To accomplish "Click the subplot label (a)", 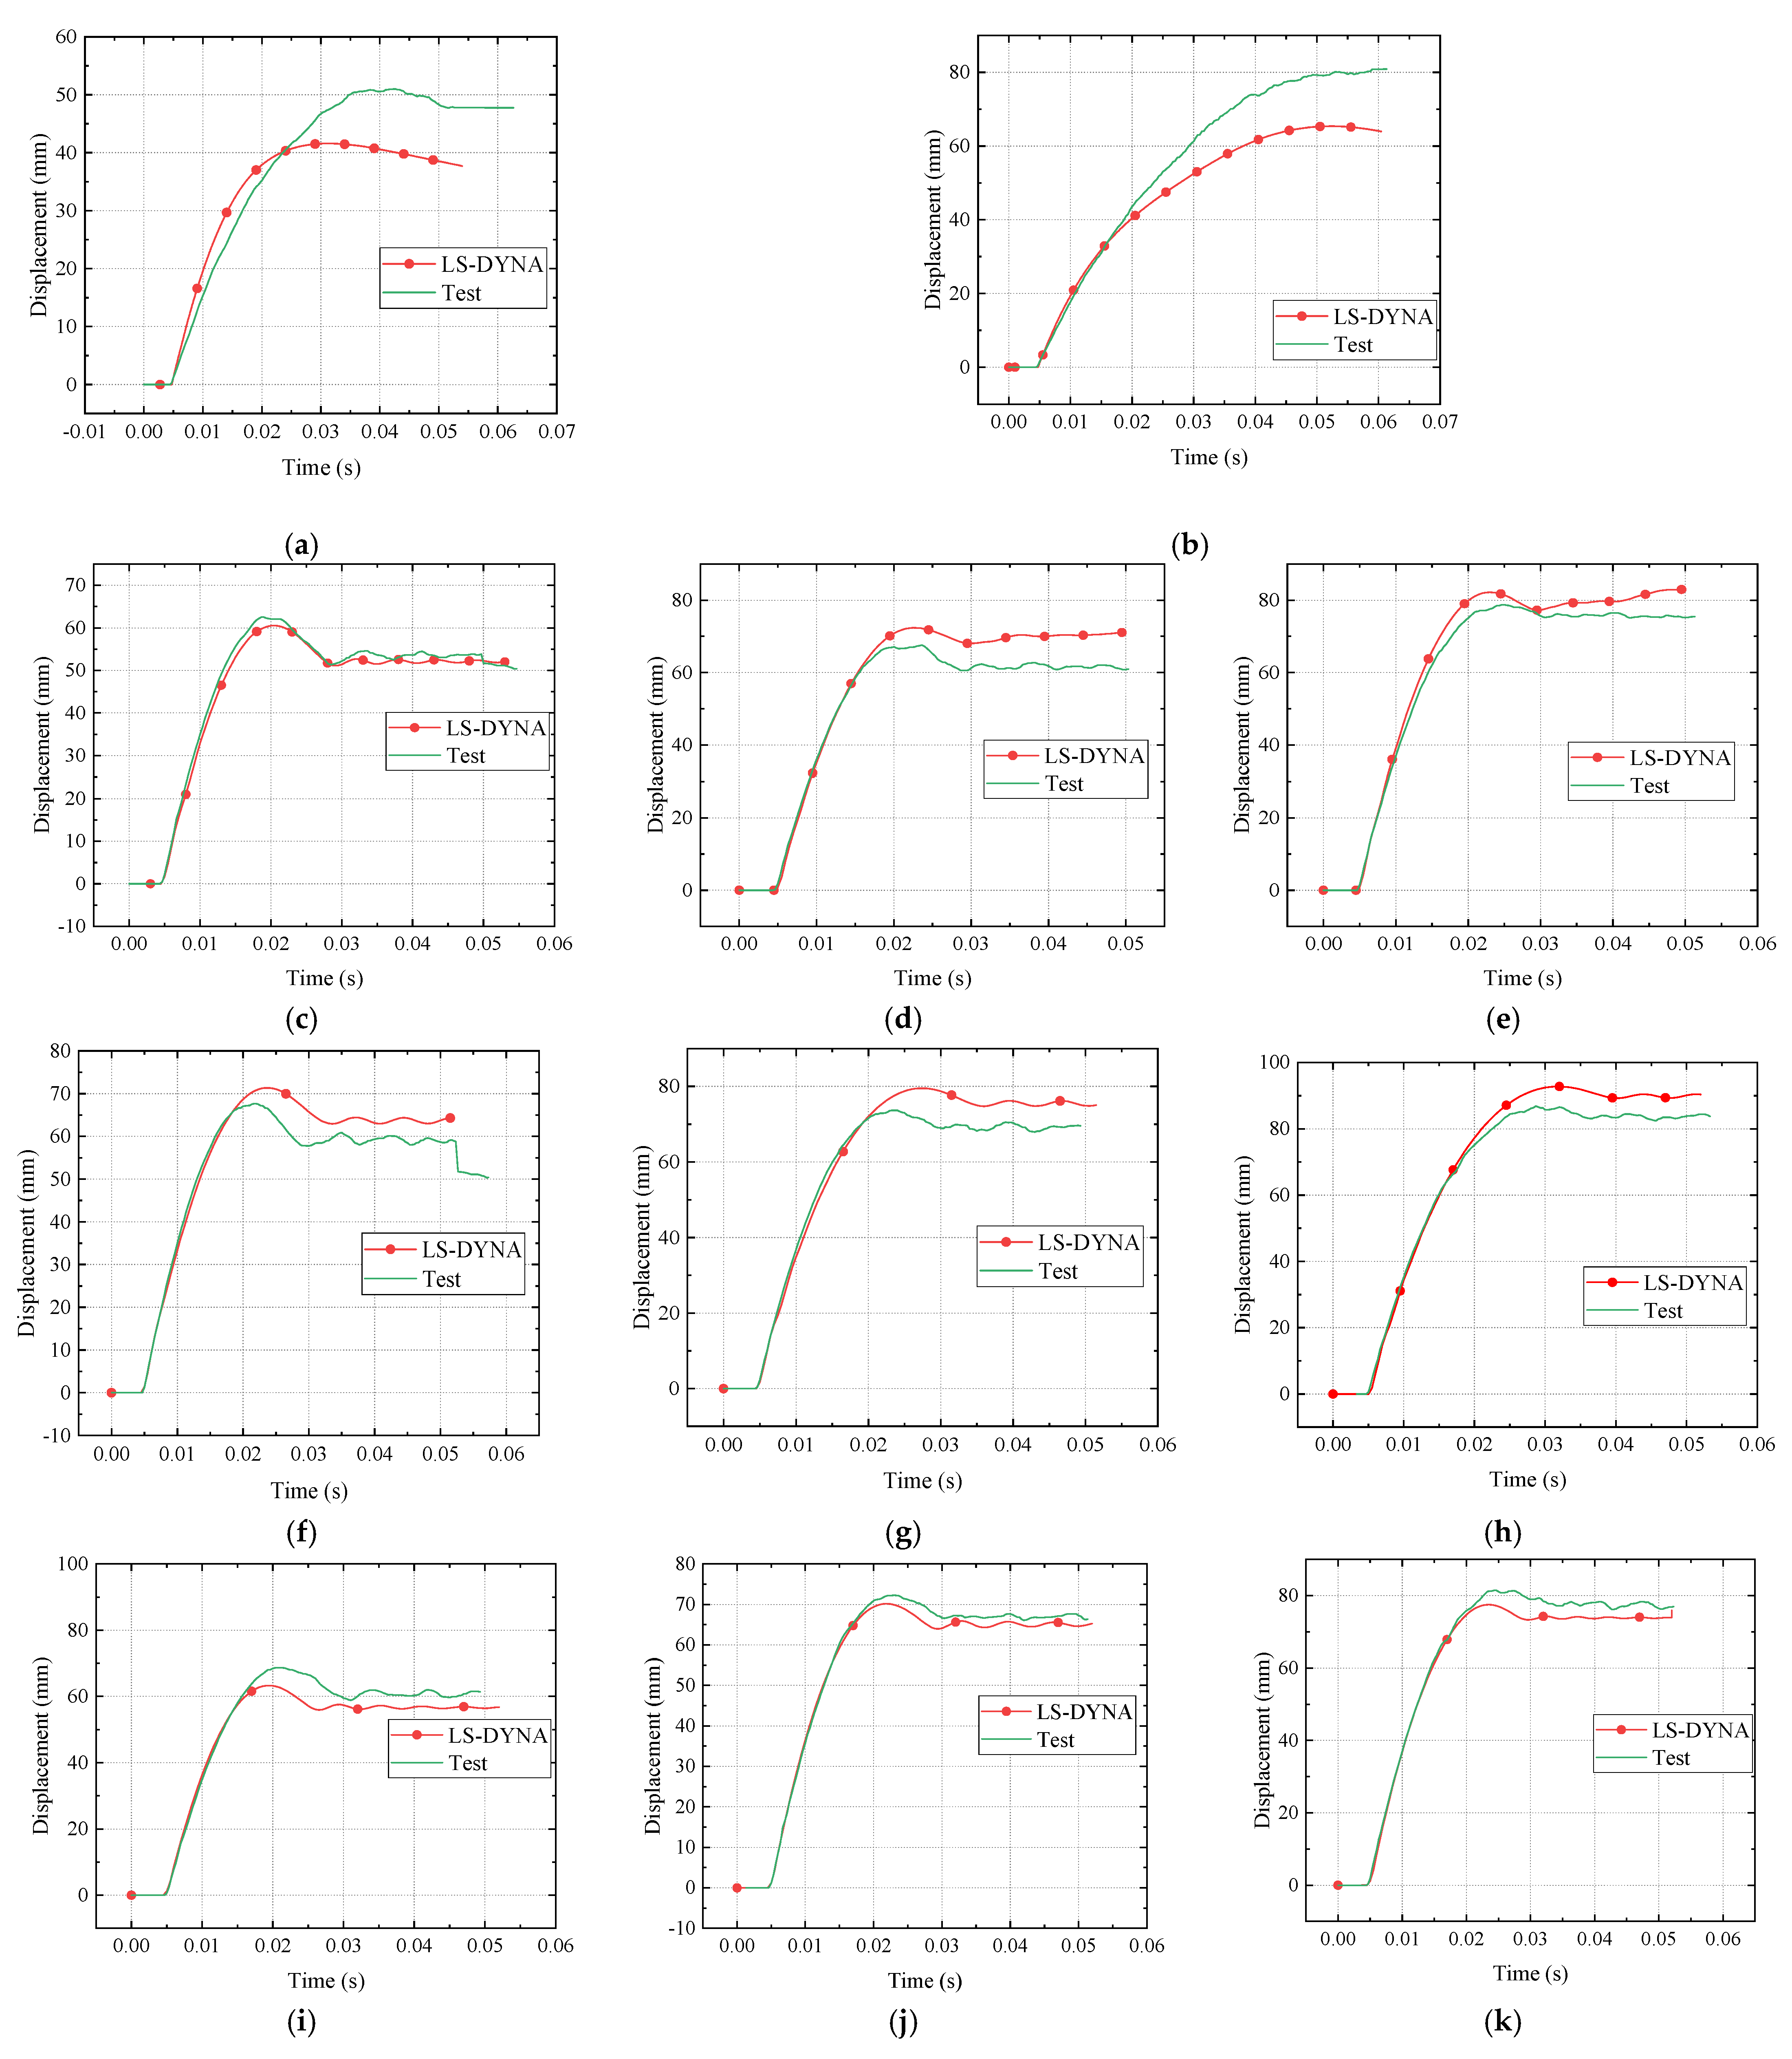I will (x=301, y=545).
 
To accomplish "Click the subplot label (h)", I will (x=1503, y=1532).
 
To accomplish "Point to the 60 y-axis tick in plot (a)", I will (x=66, y=37).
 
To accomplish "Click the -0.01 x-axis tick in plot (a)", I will (x=84, y=432).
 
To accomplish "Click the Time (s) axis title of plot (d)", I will (x=932, y=978).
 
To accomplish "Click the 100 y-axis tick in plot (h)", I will (x=1274, y=1062).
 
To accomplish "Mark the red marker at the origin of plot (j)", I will (x=737, y=1888).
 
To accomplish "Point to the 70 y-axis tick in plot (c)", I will (x=76, y=585).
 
